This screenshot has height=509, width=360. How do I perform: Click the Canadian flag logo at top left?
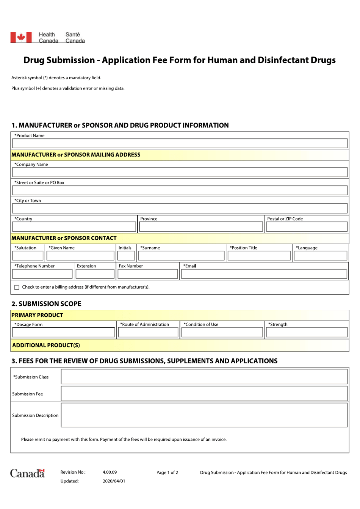click(21, 37)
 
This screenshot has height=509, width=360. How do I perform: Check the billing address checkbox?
click(17, 287)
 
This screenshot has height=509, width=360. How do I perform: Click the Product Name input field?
click(180, 143)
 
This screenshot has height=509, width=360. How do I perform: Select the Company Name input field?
click(180, 172)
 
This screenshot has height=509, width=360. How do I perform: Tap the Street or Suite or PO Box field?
click(180, 190)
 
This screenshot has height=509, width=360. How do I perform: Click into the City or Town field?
click(180, 208)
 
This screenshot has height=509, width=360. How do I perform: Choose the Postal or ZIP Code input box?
click(307, 227)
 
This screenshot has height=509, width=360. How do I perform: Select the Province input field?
click(201, 227)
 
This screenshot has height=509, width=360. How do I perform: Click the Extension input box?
click(95, 274)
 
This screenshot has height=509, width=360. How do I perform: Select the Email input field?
click(264, 274)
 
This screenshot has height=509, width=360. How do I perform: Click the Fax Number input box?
click(147, 274)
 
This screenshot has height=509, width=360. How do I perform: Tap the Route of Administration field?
click(148, 333)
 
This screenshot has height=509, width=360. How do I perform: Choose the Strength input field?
click(307, 333)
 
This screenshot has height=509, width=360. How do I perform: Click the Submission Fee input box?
click(204, 394)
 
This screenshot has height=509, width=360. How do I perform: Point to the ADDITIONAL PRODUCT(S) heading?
click(46, 345)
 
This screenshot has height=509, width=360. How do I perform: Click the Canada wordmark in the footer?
click(27, 473)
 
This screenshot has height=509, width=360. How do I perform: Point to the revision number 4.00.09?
click(110, 472)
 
